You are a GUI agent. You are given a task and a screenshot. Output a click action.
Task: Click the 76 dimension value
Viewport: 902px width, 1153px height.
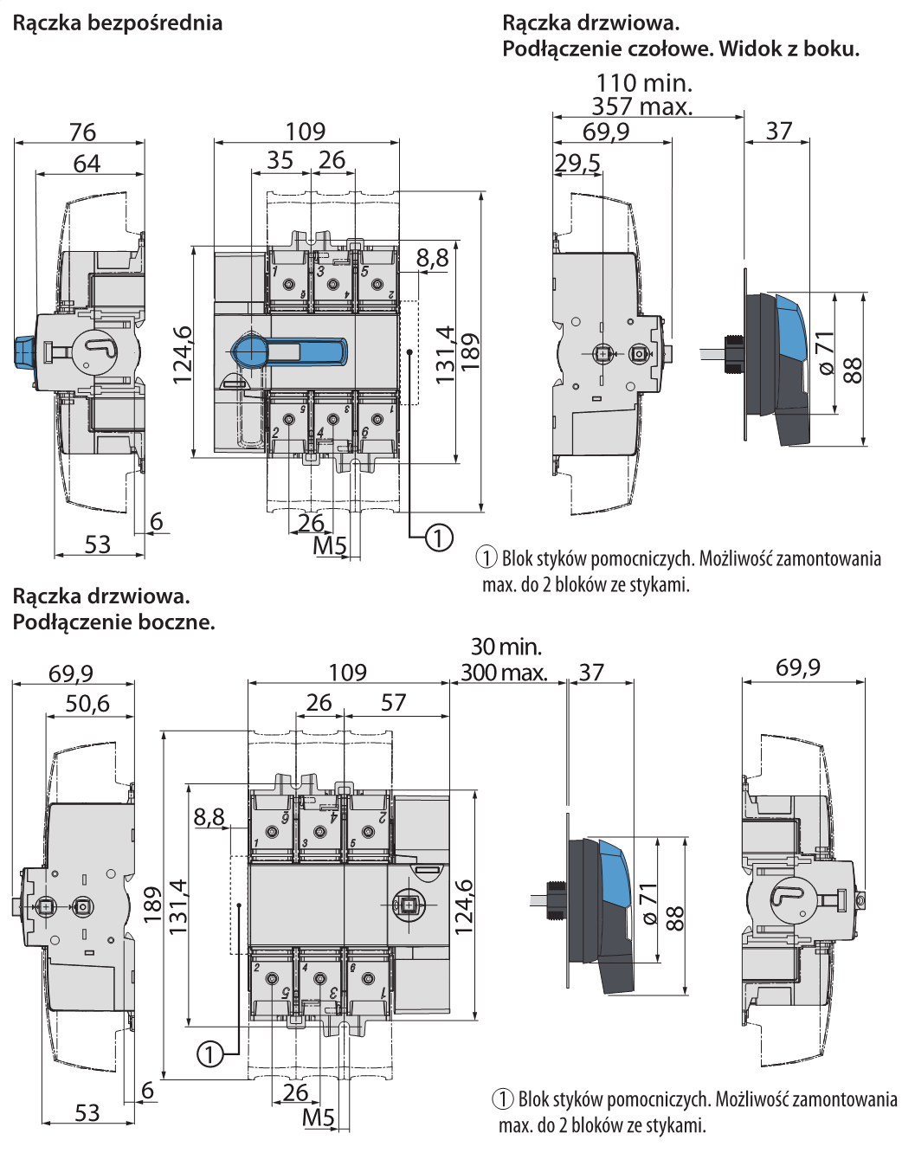tap(82, 132)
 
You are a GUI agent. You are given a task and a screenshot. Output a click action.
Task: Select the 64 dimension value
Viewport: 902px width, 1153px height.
tap(87, 163)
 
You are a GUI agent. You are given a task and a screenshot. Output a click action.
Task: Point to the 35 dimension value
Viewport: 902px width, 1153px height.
tap(280, 160)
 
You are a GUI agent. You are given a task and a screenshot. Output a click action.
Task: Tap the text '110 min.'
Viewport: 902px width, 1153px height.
tap(644, 83)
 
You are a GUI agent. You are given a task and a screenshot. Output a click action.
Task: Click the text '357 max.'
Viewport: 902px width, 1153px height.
tap(642, 106)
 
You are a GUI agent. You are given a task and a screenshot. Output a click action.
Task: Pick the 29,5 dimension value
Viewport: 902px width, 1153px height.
tap(577, 163)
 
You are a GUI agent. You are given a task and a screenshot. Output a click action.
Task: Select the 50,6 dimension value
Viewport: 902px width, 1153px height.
tap(87, 703)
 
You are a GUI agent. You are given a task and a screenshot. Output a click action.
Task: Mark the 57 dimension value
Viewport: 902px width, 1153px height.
tap(393, 702)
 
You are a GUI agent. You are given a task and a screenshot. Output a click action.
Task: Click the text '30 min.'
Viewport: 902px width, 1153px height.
tap(506, 647)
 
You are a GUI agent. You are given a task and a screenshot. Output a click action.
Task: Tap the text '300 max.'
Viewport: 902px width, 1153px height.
tap(504, 672)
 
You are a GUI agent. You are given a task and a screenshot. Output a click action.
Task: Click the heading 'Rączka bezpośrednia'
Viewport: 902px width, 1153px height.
tap(118, 23)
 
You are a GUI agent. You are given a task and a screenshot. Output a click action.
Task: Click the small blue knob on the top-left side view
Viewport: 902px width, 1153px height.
tap(23, 352)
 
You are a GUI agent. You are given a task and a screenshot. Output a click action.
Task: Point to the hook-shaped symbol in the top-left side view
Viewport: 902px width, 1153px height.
tap(95, 348)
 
